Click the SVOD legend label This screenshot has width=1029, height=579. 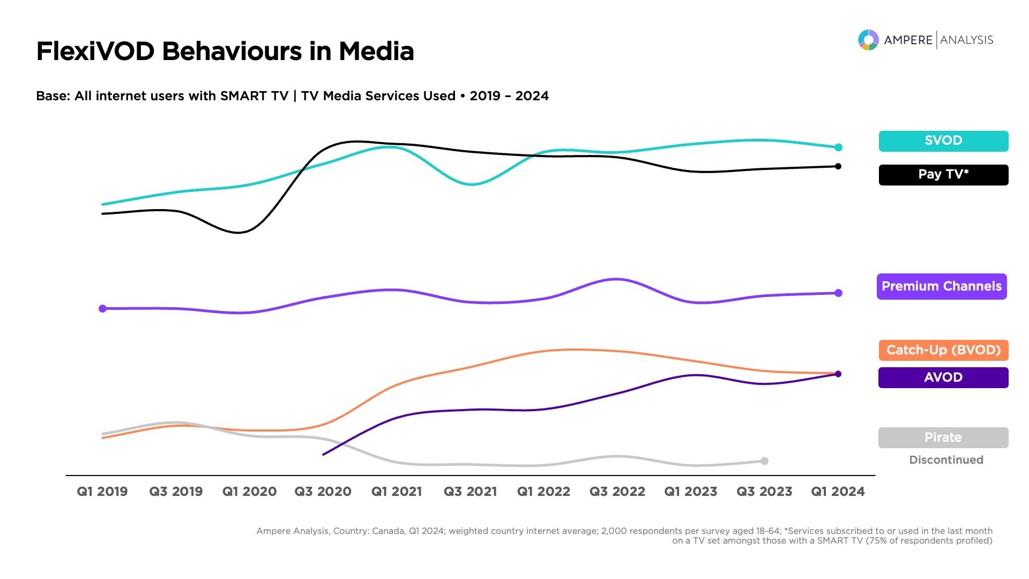point(943,141)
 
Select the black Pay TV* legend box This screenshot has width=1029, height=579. point(943,175)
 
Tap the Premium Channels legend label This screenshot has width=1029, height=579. point(942,286)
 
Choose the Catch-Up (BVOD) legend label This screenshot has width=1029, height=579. point(943,350)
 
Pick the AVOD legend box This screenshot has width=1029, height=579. point(943,377)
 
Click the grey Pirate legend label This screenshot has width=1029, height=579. point(943,437)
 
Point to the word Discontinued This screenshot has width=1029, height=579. point(946,460)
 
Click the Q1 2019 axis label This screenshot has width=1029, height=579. point(102,492)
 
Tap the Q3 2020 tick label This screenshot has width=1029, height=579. point(323,492)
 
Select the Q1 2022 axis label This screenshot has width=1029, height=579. point(543,492)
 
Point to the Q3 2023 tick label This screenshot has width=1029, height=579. point(764,492)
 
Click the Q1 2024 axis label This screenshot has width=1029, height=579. point(838,492)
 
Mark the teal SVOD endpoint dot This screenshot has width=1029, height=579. point(838,147)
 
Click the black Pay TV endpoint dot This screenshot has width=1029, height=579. point(838,166)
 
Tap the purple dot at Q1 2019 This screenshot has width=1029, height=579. point(102,308)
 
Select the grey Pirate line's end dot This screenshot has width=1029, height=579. point(765,461)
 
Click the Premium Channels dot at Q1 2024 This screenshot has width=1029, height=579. point(838,293)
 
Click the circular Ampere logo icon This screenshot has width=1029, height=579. point(868,40)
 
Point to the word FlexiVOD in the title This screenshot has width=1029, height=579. point(95,51)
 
